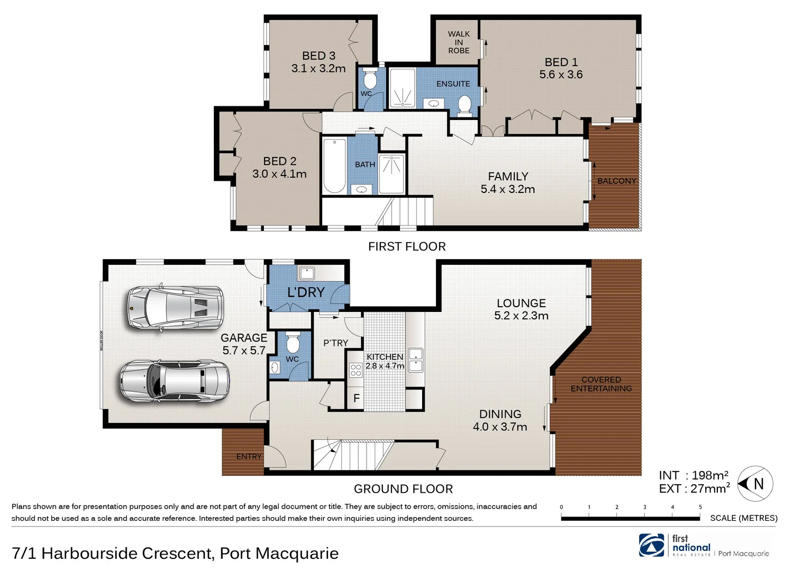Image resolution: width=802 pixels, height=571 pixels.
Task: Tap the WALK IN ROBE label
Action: pos(459,42)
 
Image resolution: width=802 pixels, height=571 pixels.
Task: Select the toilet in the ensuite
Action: pos(464,104)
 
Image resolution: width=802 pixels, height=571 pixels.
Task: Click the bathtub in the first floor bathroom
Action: pos(334,165)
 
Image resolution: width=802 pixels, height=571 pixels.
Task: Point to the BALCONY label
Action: pos(616,181)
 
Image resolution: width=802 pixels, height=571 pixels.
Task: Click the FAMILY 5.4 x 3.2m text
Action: pos(508,183)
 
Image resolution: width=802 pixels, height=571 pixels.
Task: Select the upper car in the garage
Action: pos(175,308)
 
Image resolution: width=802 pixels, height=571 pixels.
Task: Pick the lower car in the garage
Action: pos(175,381)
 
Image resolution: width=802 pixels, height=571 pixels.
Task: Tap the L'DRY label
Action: pos(306,292)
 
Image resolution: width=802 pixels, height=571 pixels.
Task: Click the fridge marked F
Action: pos(356,399)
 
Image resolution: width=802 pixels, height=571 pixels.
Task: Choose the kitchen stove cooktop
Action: pos(356,370)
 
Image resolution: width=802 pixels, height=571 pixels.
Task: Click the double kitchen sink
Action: pos(416,360)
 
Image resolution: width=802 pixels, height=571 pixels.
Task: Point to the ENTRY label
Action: pos(249,456)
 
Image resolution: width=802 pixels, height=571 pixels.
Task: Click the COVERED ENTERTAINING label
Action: pos(601,384)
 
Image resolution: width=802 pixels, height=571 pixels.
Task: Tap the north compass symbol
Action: pos(755,483)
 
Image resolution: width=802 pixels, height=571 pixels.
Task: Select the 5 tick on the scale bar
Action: pos(700,508)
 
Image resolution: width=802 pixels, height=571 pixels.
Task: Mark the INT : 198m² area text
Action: pos(694,475)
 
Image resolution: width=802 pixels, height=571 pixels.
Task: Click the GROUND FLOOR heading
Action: pos(403,489)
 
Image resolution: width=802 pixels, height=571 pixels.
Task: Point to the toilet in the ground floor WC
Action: pos(293,344)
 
